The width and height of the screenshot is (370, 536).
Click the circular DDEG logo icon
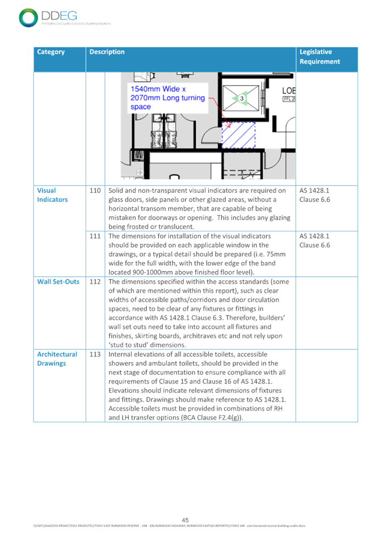tap(27, 17)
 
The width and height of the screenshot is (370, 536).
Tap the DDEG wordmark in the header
tap(58, 15)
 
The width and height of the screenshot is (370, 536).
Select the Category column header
tap(51, 52)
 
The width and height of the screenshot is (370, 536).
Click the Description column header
tap(107, 52)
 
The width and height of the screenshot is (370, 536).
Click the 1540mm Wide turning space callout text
tap(167, 98)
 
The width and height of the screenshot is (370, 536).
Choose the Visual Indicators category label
tap(52, 195)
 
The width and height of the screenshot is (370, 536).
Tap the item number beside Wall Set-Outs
tap(95, 281)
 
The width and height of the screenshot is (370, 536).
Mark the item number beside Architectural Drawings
tap(95, 354)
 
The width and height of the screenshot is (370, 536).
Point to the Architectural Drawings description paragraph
tap(199, 386)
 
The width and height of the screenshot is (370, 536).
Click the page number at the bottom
tap(185, 520)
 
